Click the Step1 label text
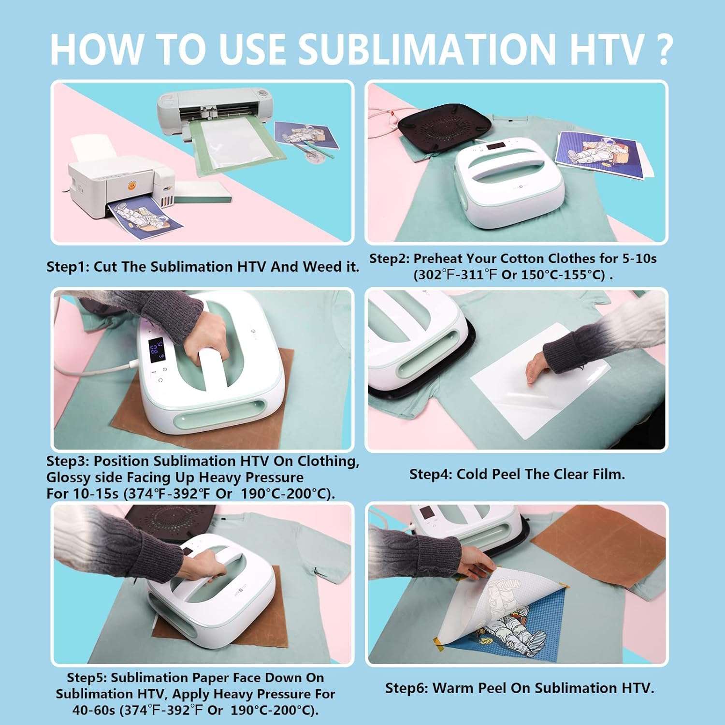(x=68, y=267)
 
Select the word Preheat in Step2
(x=438, y=259)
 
